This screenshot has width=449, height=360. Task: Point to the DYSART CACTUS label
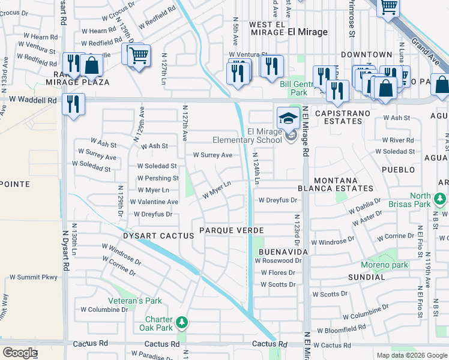click(x=158, y=236)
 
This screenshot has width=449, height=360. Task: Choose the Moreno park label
click(x=384, y=265)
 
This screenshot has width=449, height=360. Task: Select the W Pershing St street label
click(x=158, y=178)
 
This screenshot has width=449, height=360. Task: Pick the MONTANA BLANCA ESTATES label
click(x=344, y=184)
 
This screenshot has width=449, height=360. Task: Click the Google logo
click(x=20, y=353)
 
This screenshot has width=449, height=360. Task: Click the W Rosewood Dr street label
click(x=278, y=261)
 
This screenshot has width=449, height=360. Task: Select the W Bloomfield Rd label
click(x=341, y=330)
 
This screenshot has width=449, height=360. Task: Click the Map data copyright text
click(x=411, y=355)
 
